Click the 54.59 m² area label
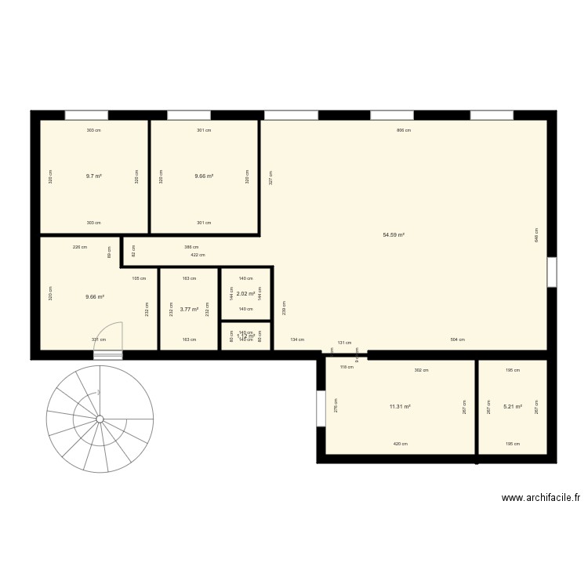pyautogui.click(x=394, y=234)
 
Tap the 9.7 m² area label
pyautogui.click(x=94, y=176)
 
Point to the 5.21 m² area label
pyautogui.click(x=512, y=407)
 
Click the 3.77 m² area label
pyautogui.click(x=189, y=310)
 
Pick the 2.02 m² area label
pyautogui.click(x=245, y=294)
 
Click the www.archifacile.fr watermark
pyautogui.click(x=541, y=497)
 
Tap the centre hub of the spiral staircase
pyautogui.click(x=100, y=419)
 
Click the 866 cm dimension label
pyautogui.click(x=404, y=130)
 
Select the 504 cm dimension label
pyautogui.click(x=457, y=339)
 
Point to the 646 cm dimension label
pyautogui.click(x=536, y=235)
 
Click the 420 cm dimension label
pyautogui.click(x=400, y=444)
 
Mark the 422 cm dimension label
pyautogui.click(x=198, y=255)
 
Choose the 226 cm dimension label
pyautogui.click(x=79, y=247)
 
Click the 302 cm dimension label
pyautogui.click(x=421, y=370)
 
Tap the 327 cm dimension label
pyautogui.click(x=270, y=177)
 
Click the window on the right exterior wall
pyautogui.click(x=552, y=271)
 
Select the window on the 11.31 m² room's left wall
pyautogui.click(x=321, y=408)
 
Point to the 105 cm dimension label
pyautogui.click(x=139, y=278)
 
